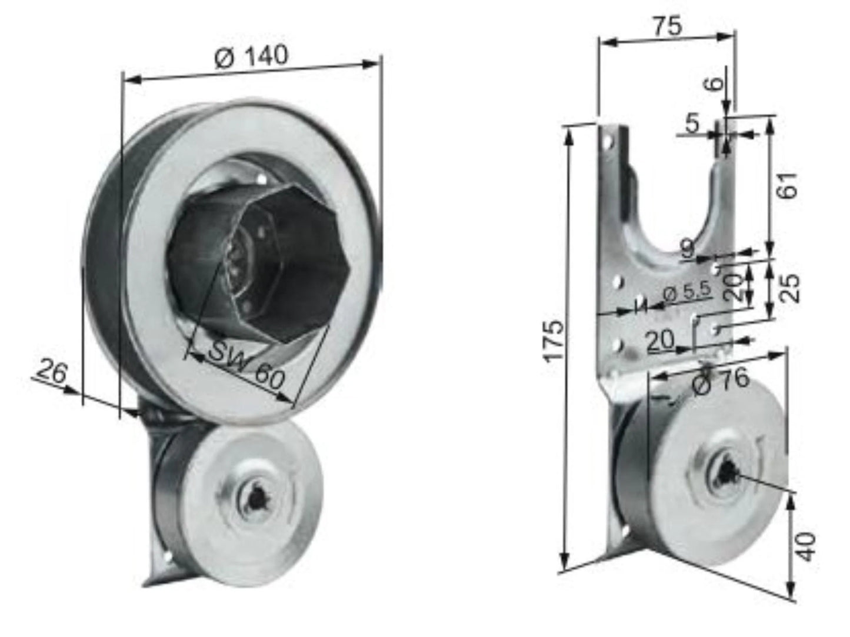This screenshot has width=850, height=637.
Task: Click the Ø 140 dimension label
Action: pos(251,58)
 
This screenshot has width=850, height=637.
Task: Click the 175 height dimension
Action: pos(555,341)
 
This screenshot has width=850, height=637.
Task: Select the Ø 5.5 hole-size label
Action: pos(687,291)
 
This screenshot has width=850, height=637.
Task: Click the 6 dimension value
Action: pos(715,83)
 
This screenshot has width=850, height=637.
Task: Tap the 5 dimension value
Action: pos(692,124)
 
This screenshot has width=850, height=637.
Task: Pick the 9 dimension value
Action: pos(687,249)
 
